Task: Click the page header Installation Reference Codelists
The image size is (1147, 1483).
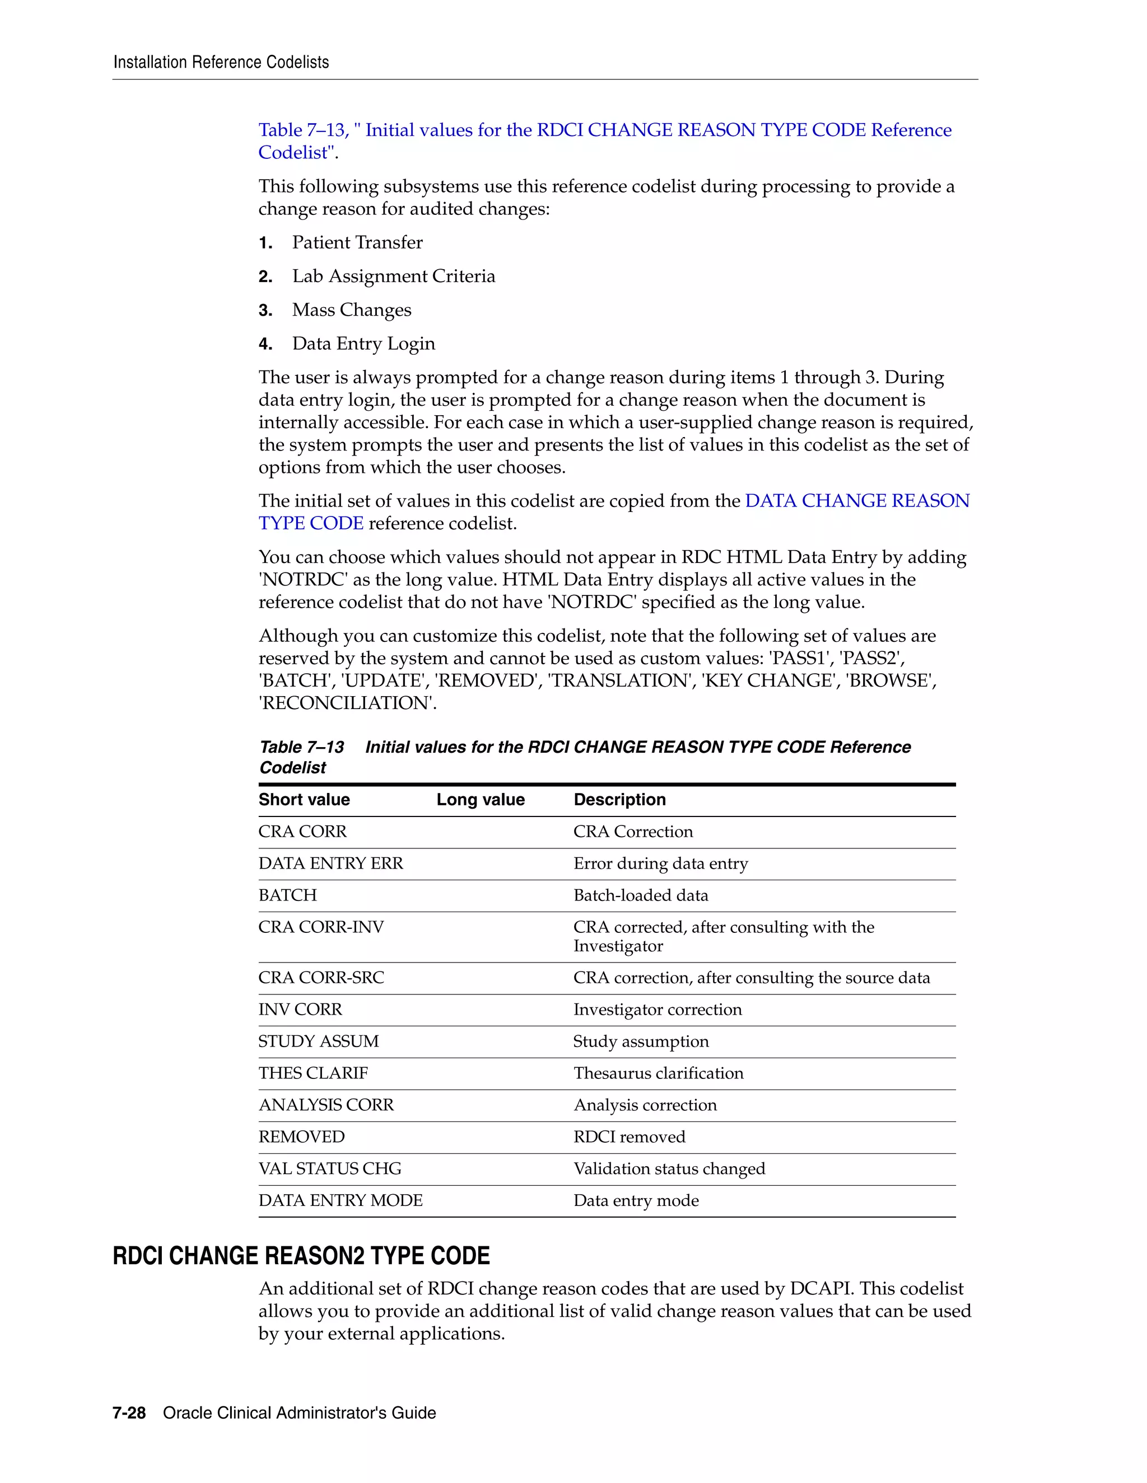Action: [x=221, y=63]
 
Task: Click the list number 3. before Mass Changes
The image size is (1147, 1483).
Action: [x=265, y=311]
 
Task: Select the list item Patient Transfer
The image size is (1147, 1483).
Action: [x=357, y=242]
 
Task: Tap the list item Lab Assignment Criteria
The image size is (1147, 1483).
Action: [x=393, y=276]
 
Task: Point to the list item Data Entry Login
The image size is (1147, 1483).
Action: [x=363, y=344]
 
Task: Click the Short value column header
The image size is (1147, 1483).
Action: [x=304, y=800]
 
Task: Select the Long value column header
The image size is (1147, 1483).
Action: [x=481, y=800]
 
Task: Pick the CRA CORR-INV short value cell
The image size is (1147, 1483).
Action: [x=321, y=927]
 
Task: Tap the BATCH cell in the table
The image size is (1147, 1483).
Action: [x=287, y=895]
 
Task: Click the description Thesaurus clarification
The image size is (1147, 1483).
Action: [x=658, y=1073]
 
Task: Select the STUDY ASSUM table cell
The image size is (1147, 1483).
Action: [x=318, y=1041]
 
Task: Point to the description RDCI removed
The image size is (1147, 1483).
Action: [x=629, y=1137]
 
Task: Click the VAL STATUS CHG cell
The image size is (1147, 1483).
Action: [x=329, y=1168]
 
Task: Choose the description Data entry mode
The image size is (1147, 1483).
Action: [x=636, y=1200]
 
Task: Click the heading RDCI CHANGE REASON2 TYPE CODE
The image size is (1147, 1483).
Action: [x=301, y=1256]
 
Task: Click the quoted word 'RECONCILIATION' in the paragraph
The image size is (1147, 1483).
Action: [x=347, y=703]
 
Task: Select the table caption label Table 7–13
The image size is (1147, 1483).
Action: [x=302, y=748]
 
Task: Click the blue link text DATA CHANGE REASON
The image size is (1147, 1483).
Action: [x=857, y=501]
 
